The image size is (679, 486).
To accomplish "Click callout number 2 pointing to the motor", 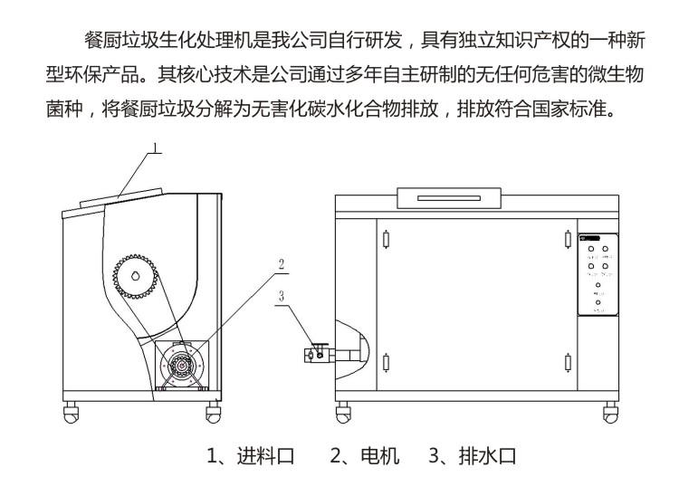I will coord(281,264).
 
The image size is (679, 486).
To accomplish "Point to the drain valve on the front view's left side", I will coord(317,355).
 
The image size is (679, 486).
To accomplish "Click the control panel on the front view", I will coord(598,274).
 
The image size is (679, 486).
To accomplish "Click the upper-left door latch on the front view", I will coord(387,240).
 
